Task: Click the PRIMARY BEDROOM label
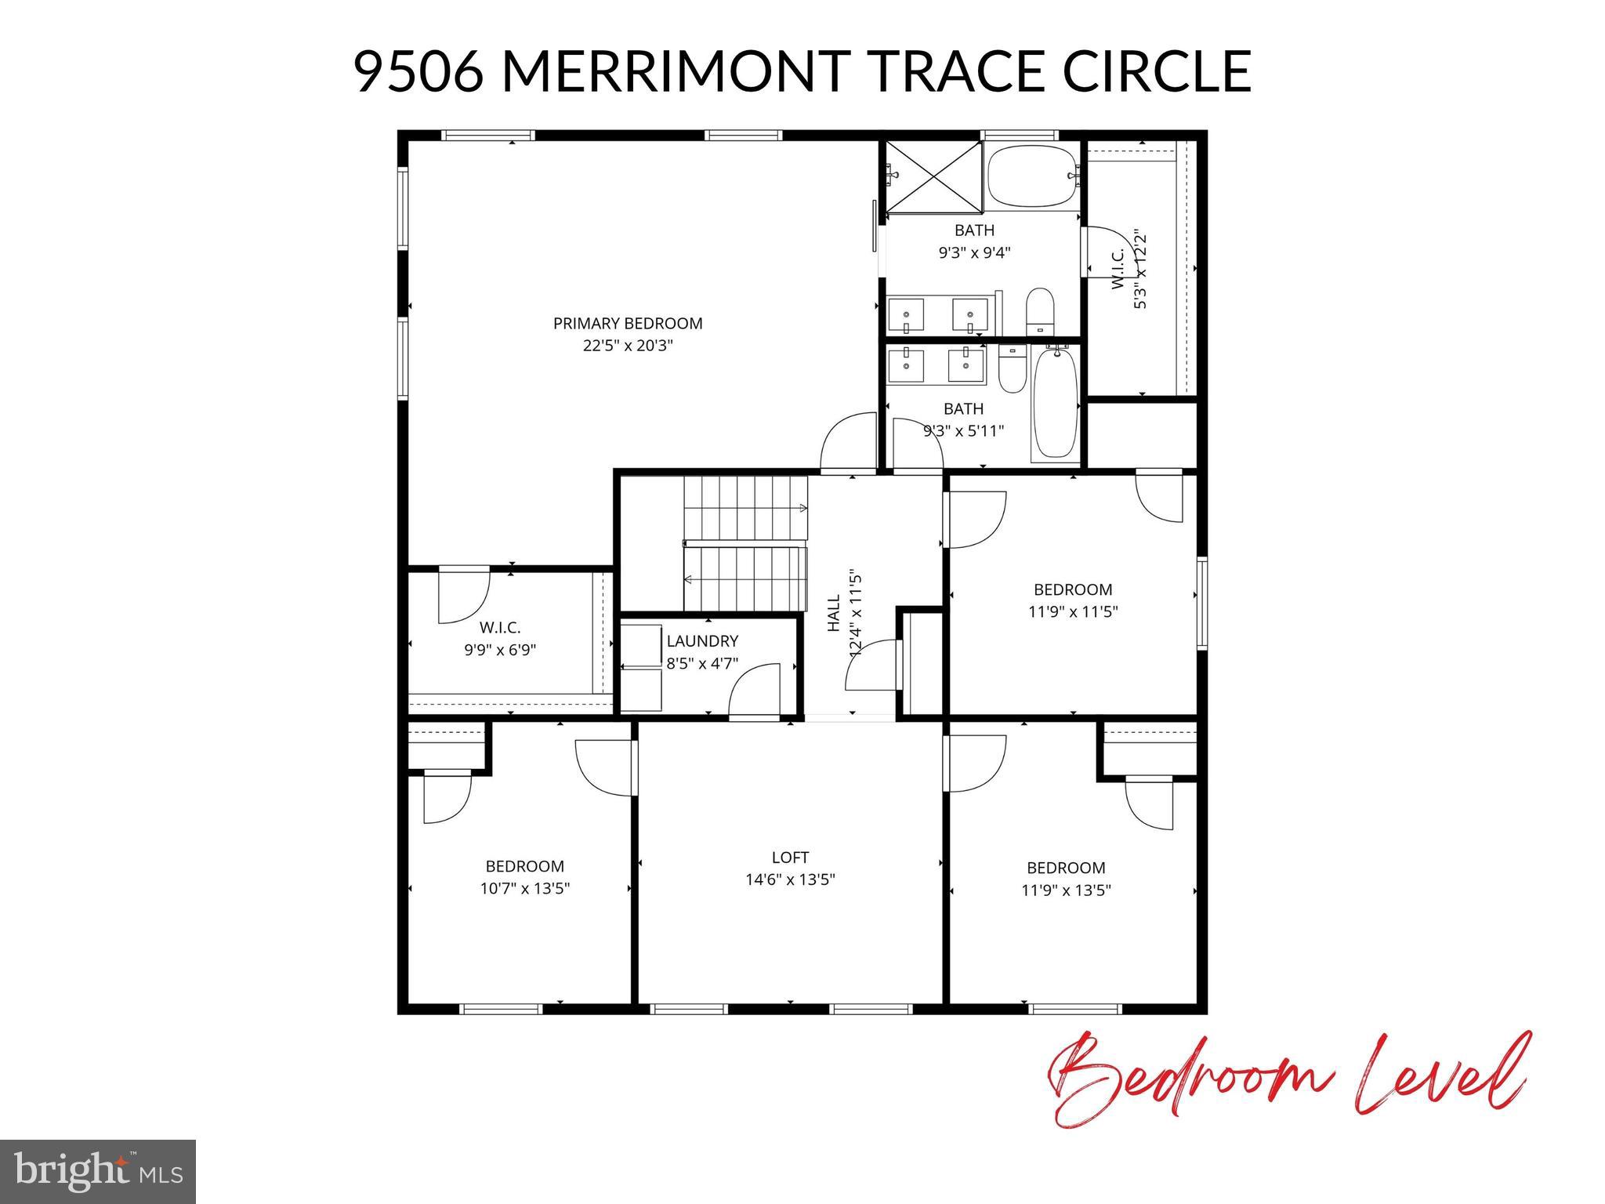click(x=628, y=323)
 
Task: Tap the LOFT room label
click(x=790, y=858)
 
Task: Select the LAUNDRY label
click(x=702, y=641)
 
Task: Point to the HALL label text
click(x=833, y=613)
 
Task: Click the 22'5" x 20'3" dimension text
click(x=628, y=346)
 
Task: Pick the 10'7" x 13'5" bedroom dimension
click(x=525, y=889)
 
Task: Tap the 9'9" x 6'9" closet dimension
click(x=500, y=650)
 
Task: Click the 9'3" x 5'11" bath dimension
click(x=963, y=430)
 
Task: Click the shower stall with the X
click(x=933, y=177)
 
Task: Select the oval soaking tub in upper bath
click(x=1031, y=177)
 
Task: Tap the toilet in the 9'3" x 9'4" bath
click(x=1040, y=311)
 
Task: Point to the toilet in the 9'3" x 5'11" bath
click(x=1012, y=369)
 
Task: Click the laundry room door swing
click(x=755, y=690)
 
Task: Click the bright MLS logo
click(x=98, y=1172)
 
